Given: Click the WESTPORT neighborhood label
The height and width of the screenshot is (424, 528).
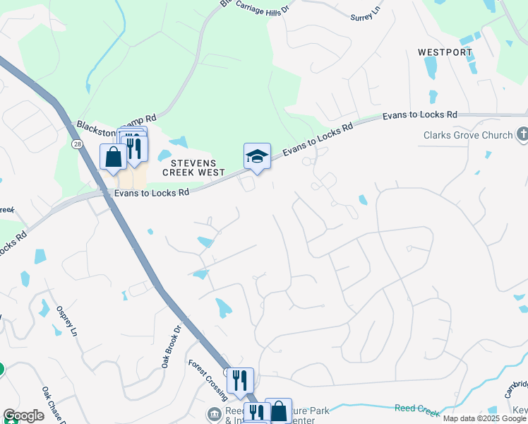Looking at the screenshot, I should coord(444,52).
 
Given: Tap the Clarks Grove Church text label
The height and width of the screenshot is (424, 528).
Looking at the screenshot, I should coord(467,135).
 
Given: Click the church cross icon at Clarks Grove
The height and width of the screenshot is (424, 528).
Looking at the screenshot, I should coord(522,134).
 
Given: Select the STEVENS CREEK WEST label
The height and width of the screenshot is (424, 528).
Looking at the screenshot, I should coord(193,167).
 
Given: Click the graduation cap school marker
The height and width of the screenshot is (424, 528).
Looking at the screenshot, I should coord(257,156).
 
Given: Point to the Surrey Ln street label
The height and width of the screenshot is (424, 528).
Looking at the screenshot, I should coord(366,13).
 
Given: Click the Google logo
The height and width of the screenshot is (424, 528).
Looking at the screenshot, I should coord(23,416).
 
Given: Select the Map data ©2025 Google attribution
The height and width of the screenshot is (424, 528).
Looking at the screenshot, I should coord(485,418).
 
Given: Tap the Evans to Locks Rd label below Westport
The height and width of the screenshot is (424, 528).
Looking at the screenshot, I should coord(420,114).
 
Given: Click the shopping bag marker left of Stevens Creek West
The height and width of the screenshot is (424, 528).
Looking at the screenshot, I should coord(113,157).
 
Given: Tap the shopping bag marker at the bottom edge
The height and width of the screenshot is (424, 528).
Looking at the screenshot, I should coord(278,411).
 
